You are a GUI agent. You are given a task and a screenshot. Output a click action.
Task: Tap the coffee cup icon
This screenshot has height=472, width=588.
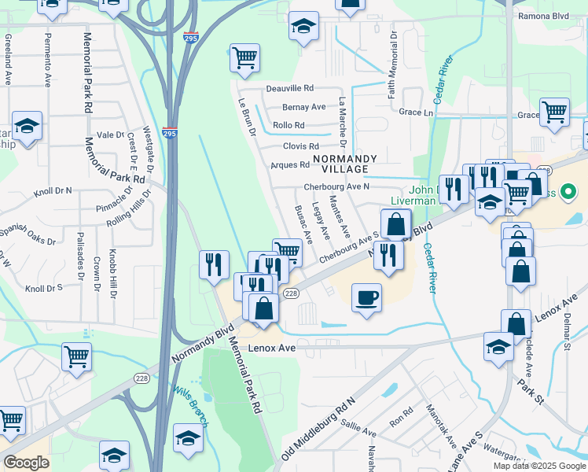coord(366,298)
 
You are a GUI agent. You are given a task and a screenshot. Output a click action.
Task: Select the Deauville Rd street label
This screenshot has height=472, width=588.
coord(289,88)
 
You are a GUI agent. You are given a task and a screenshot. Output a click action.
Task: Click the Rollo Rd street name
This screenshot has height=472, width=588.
coord(288,126)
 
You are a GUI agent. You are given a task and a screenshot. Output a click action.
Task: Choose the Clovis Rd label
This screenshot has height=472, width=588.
coord(301,146)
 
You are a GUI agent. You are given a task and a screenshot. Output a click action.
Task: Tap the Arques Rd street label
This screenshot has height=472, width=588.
coord(290,165)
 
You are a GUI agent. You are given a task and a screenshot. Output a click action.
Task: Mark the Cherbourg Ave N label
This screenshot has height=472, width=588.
coord(336,187)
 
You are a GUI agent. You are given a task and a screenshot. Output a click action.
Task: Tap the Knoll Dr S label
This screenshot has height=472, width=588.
coord(43,289)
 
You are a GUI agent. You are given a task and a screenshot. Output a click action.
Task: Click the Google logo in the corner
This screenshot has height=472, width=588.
coord(27,462)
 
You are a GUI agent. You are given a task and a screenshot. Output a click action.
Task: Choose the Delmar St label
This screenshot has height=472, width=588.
coord(566,335)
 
